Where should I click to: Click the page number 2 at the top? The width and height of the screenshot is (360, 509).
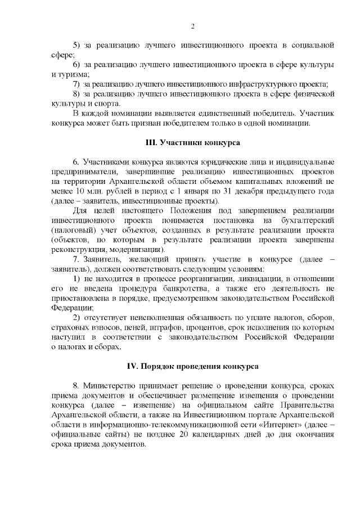tap(192, 26)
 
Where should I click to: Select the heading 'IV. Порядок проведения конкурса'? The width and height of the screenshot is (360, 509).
tap(192, 366)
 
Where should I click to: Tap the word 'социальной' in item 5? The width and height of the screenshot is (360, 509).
tap(313, 44)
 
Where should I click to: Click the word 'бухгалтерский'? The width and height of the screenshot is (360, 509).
tap(304, 220)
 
